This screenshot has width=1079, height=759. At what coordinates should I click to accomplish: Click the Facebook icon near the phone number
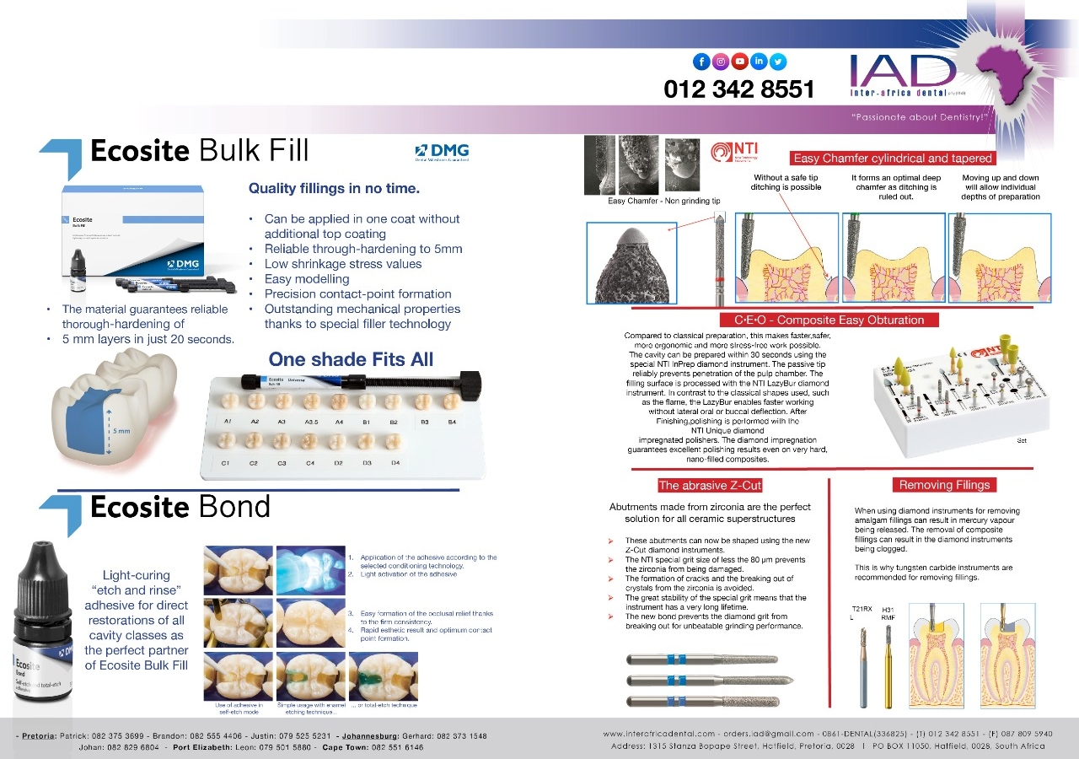point(701,61)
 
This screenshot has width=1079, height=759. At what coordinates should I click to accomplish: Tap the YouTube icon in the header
point(739,61)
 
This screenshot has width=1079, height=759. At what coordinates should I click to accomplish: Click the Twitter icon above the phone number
point(777,61)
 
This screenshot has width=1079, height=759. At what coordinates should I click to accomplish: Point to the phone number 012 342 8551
point(738,89)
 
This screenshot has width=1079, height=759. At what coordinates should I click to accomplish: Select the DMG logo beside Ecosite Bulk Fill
point(442,153)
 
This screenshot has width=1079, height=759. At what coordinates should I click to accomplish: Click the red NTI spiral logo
point(722,152)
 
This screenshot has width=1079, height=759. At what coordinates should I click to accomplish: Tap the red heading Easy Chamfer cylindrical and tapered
point(893,158)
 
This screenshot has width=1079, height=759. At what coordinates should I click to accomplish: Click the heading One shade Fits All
point(351,359)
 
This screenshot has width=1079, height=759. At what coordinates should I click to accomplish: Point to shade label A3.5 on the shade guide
point(310,420)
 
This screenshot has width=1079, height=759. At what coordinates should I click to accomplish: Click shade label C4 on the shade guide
point(309,463)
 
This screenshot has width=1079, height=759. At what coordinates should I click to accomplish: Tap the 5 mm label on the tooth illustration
point(122,432)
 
